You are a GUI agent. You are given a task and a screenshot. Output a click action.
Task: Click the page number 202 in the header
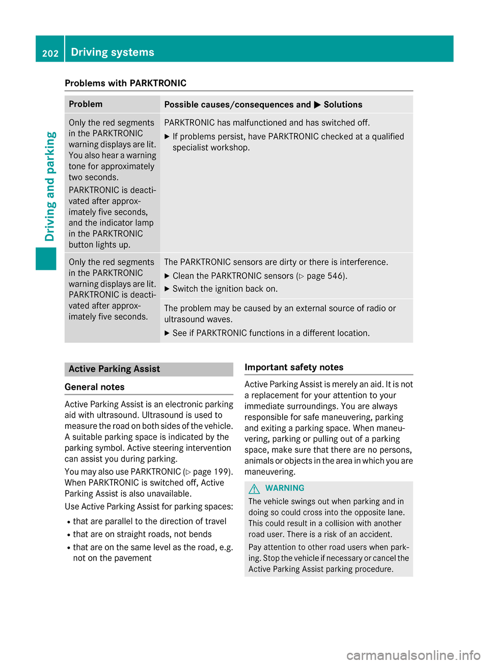click(x=50, y=53)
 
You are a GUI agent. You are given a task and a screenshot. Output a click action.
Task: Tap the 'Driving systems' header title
click(x=113, y=52)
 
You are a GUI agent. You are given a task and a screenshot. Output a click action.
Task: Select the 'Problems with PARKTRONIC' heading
click(x=125, y=83)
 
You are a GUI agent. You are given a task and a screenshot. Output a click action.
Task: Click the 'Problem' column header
click(x=86, y=104)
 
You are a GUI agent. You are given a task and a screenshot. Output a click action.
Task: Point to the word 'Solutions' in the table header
click(x=343, y=105)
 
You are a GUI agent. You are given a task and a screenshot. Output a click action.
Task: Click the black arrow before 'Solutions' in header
click(x=317, y=105)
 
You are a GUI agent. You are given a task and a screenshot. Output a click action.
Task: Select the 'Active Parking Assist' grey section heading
click(x=114, y=369)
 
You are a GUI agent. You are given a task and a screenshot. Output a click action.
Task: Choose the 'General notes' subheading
click(x=95, y=387)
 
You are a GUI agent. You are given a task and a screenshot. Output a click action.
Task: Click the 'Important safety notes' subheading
click(x=294, y=367)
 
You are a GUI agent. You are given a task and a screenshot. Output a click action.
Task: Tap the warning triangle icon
click(x=254, y=489)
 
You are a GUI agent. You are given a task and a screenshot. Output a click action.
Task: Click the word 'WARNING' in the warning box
click(x=285, y=488)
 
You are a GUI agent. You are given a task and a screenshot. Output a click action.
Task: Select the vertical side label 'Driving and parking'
click(x=50, y=187)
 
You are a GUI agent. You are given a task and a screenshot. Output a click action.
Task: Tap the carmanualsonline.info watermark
click(x=413, y=655)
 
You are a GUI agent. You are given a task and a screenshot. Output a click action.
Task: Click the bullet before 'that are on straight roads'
click(x=68, y=534)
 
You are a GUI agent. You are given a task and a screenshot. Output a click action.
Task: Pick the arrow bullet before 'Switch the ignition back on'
click(x=167, y=289)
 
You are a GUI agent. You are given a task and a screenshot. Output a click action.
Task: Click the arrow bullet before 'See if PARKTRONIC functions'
click(x=167, y=333)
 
